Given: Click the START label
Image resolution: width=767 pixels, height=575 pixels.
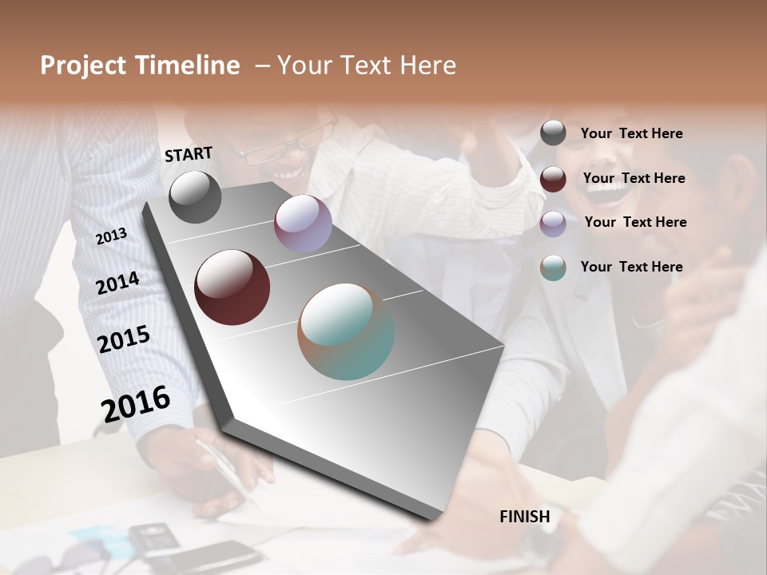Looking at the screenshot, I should click(189, 154).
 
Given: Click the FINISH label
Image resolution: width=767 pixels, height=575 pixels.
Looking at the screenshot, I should click(524, 517).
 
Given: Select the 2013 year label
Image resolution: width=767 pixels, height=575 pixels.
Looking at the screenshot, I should click(112, 236).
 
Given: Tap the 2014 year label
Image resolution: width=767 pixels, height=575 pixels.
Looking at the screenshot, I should click(117, 283).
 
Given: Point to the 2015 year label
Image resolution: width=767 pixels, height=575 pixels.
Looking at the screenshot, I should click(124, 339).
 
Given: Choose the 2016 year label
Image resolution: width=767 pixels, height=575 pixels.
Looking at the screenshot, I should click(136, 403).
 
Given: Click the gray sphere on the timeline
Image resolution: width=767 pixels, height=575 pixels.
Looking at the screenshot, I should click(195, 196).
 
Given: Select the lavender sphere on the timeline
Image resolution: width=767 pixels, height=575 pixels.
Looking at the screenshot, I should click(303, 224).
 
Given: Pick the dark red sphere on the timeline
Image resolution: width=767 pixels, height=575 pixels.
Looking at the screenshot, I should click(232, 287).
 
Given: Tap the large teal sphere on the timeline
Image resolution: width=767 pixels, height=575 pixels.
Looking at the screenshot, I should click(346, 331).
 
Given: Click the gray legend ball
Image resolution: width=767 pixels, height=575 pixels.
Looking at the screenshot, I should click(553, 133).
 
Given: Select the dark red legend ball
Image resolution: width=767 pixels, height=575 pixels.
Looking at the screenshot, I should click(553, 179).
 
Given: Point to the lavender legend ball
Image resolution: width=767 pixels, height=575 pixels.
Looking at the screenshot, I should click(553, 223).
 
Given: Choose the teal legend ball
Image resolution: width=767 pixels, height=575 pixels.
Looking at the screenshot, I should click(553, 268).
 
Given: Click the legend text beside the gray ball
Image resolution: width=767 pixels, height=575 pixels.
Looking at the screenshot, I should click(631, 133).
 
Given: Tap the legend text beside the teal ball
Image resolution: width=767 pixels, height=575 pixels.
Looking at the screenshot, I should click(631, 267).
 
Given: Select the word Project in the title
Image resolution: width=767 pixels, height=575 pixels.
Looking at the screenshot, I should click(82, 65).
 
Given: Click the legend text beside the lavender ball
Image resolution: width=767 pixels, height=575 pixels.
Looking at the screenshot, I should click(635, 222).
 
